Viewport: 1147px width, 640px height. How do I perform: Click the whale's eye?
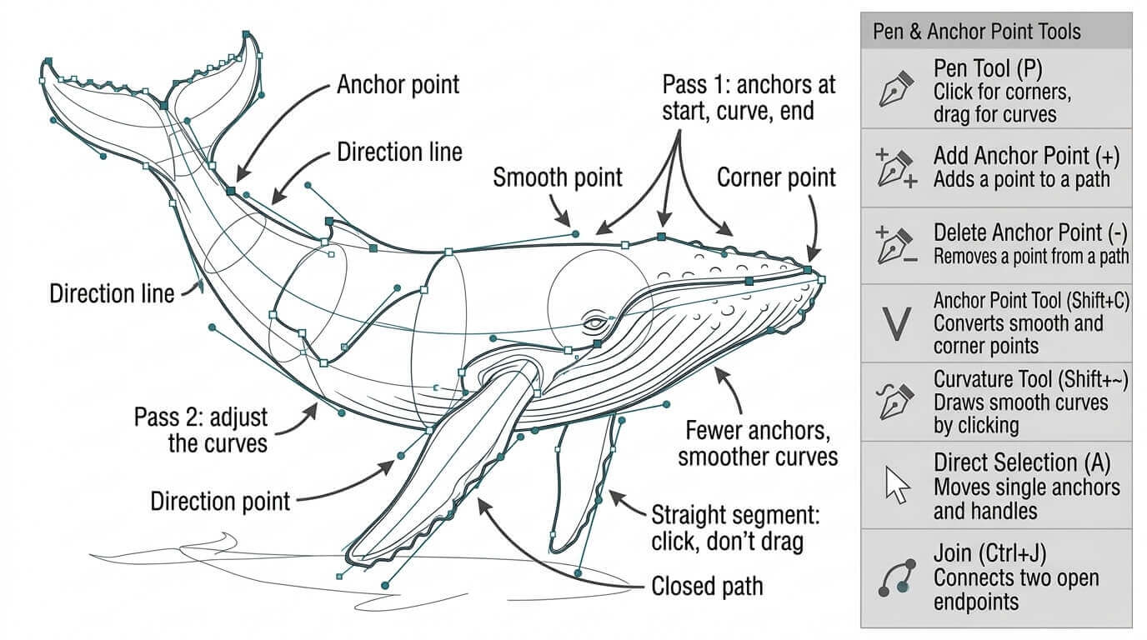[595, 323]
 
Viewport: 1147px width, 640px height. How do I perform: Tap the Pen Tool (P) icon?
[897, 89]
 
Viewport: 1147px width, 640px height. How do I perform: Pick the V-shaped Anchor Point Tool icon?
[897, 323]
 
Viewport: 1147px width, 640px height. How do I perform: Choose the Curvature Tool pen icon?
[896, 402]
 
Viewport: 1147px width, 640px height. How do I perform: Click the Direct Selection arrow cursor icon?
[897, 485]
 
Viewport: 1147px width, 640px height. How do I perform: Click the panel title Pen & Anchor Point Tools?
[976, 32]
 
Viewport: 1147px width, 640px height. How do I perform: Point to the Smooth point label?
[557, 177]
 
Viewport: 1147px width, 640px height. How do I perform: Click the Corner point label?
[776, 177]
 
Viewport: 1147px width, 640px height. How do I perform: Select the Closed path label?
[707, 586]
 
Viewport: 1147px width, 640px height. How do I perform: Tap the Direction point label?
[220, 501]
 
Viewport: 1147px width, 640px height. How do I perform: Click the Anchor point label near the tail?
[398, 85]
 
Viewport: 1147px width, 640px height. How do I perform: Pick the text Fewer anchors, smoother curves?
[758, 444]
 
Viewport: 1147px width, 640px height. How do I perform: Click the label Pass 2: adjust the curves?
[201, 430]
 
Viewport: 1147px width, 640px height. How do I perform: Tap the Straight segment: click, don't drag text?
[735, 528]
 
